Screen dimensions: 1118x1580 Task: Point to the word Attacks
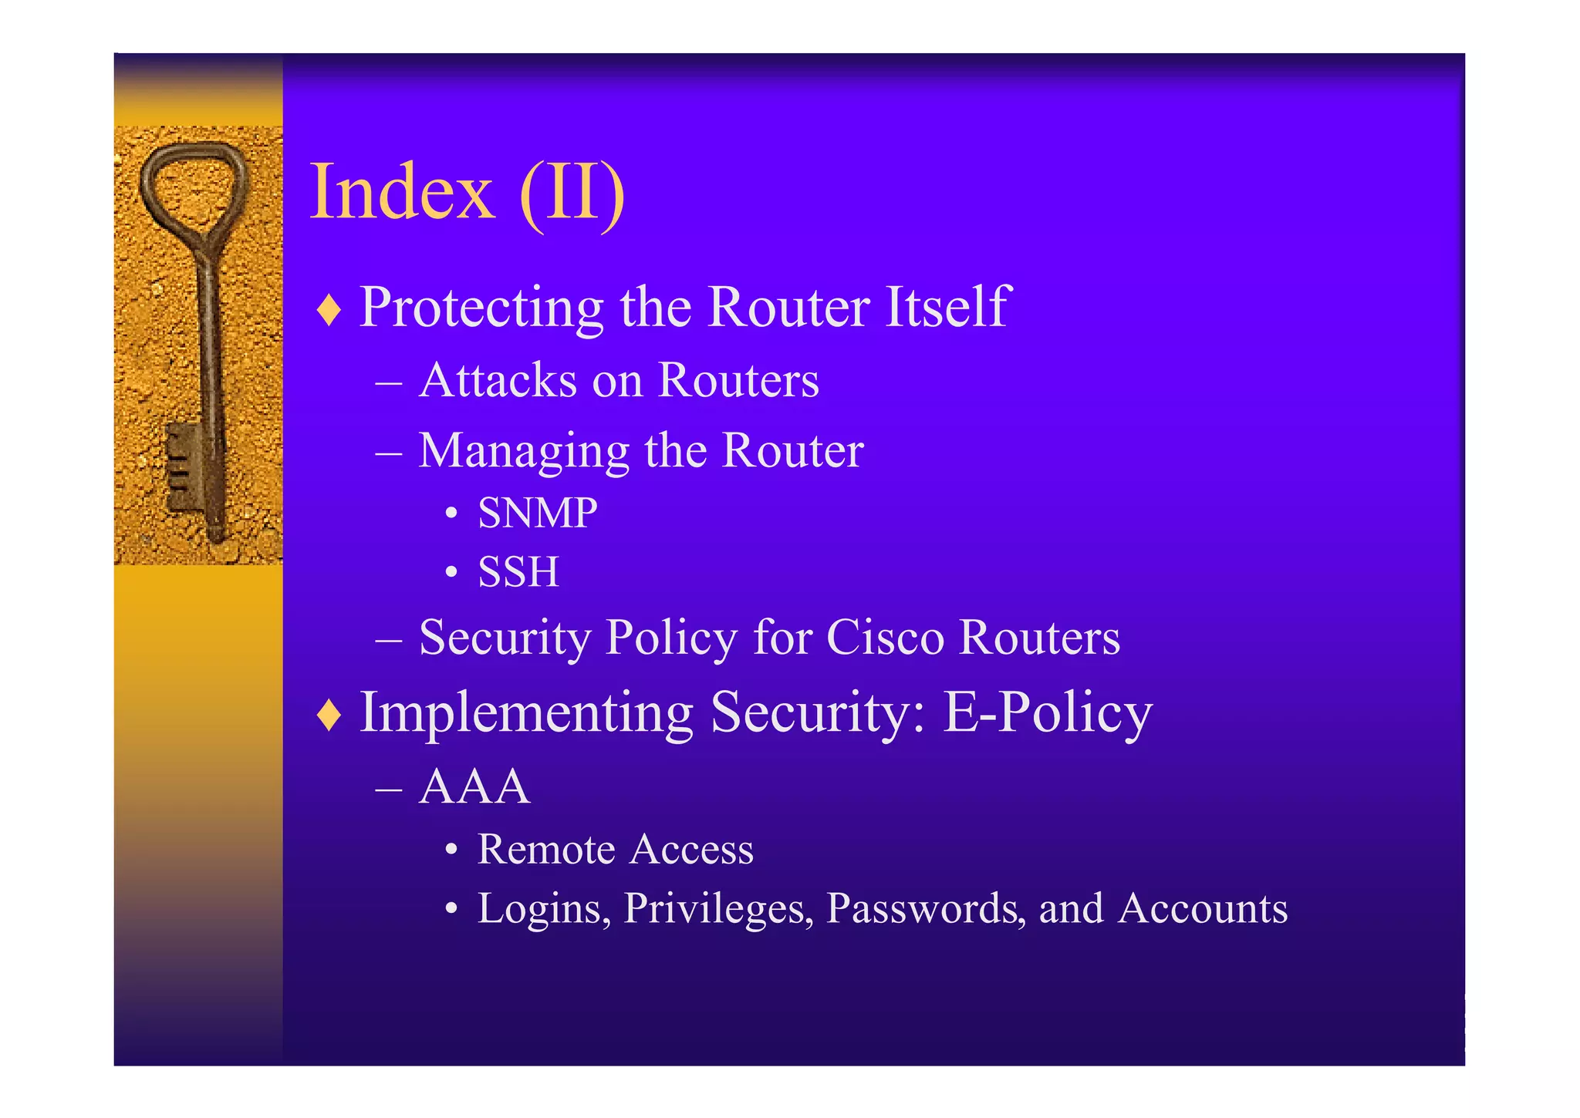pos(498,380)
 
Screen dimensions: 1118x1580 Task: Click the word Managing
pos(524,451)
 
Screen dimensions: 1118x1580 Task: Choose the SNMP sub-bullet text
pos(538,513)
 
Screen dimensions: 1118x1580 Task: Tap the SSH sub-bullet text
pos(518,572)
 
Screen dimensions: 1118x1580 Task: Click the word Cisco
pos(885,638)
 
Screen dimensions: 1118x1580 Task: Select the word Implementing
pos(526,712)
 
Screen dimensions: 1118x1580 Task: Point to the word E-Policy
pos(1047,712)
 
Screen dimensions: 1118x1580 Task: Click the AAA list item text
pos(474,787)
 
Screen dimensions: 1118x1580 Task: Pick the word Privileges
pos(718,908)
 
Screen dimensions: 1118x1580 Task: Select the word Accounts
pos(1203,908)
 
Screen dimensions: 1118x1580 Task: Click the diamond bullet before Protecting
pos(329,310)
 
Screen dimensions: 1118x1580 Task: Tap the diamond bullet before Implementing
pos(329,715)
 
